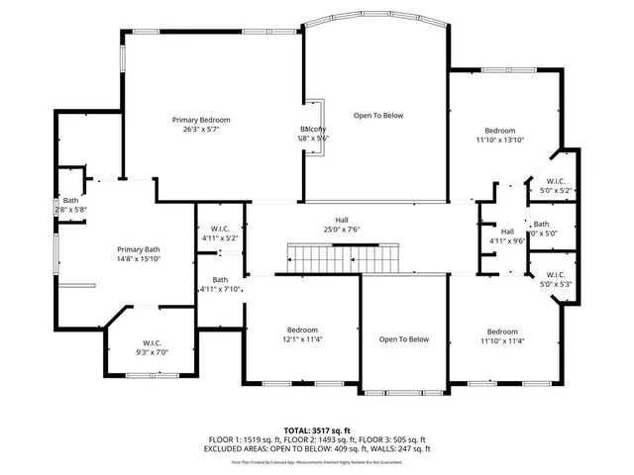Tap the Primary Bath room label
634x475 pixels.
tap(138, 253)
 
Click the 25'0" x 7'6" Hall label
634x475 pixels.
tap(340, 225)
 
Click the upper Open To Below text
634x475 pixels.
tap(378, 116)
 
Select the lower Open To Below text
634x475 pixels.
tap(404, 339)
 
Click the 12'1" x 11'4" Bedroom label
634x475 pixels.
tap(302, 334)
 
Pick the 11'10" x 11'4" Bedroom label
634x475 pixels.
tap(501, 336)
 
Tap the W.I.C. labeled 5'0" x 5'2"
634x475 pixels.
tap(556, 185)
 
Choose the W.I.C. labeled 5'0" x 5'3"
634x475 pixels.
tap(555, 279)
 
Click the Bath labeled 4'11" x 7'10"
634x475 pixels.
tap(220, 285)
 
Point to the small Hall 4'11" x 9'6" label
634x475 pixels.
tap(506, 237)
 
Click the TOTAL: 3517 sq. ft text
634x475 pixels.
tap(316, 429)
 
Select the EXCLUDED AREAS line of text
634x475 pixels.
tap(316, 447)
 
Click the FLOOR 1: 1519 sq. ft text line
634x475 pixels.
tap(316, 438)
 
